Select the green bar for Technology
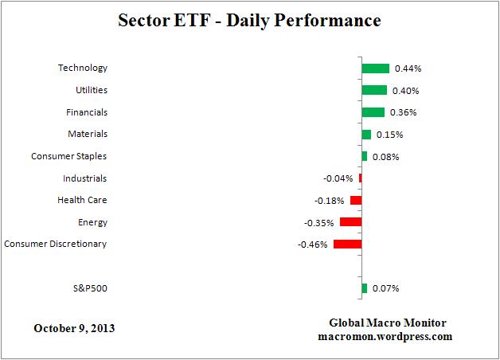[x=375, y=68]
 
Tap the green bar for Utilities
[x=374, y=91]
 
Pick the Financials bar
[x=373, y=112]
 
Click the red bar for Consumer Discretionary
[x=347, y=244]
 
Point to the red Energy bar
[x=350, y=222]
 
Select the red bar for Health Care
[x=356, y=201]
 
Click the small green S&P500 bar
[x=364, y=288]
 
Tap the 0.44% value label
[x=407, y=69]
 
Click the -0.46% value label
[x=312, y=245]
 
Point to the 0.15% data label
[x=389, y=135]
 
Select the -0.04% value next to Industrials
[x=338, y=179]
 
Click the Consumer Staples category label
[x=68, y=156]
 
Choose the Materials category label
[x=88, y=134]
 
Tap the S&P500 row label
[x=88, y=288]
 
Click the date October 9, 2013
[x=73, y=328]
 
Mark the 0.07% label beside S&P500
[x=385, y=288]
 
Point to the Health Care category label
[x=82, y=200]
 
